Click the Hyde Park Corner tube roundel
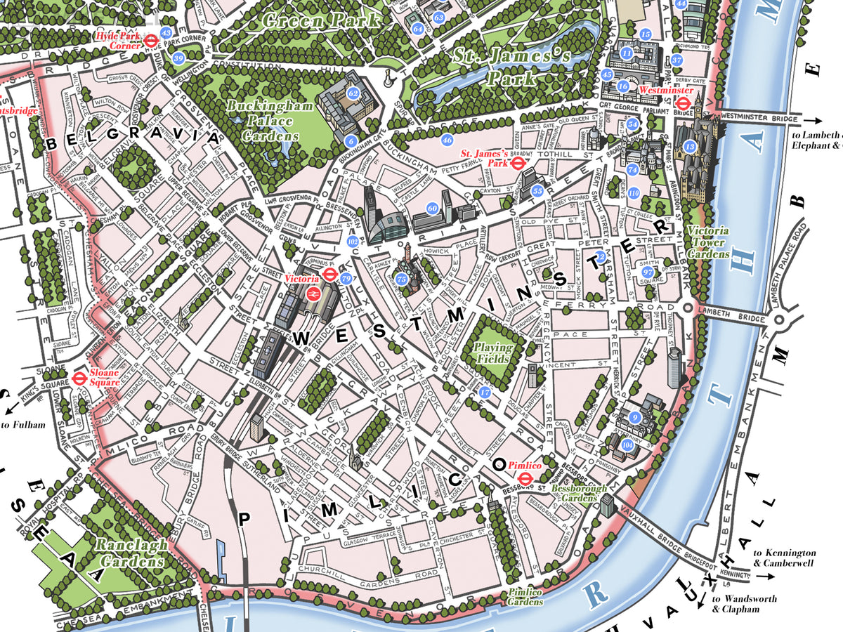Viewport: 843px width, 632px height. pyautogui.click(x=150, y=41)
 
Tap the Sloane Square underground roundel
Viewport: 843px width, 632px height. pyautogui.click(x=78, y=378)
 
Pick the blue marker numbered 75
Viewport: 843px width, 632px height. pyautogui.click(x=401, y=279)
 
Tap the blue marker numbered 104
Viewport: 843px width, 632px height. pyautogui.click(x=627, y=445)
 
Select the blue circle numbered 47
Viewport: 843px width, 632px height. pyautogui.click(x=484, y=393)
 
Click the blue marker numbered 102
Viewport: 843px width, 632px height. pyautogui.click(x=353, y=241)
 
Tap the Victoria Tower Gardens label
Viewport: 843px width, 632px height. pyautogui.click(x=707, y=242)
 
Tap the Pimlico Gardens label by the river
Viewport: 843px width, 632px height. pyautogui.click(x=525, y=597)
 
